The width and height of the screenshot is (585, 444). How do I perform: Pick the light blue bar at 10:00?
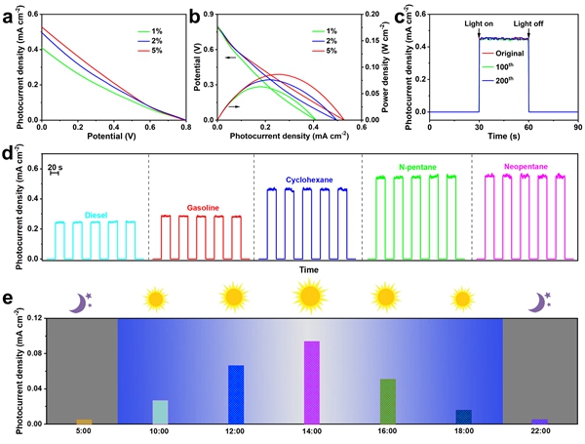(160, 412)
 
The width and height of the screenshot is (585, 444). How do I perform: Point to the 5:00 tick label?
(84, 431)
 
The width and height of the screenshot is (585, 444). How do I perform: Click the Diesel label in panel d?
(97, 217)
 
